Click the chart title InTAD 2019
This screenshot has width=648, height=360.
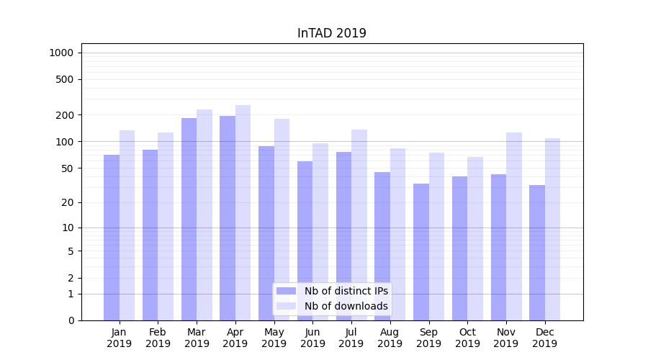(331, 33)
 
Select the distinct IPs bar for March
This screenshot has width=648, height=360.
(189, 219)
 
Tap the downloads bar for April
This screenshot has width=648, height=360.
(243, 212)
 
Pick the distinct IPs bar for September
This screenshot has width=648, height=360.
(421, 252)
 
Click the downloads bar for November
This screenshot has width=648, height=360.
(513, 226)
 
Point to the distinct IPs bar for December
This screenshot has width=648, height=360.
(537, 253)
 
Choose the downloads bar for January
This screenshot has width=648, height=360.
(127, 225)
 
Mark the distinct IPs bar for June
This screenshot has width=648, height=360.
(305, 240)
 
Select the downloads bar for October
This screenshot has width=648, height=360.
(475, 238)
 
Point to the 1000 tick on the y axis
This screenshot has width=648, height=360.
(61, 53)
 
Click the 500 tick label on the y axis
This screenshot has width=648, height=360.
(66, 79)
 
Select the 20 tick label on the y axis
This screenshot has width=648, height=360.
(68, 202)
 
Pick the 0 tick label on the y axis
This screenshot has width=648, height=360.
(71, 320)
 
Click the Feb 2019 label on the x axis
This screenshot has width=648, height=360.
(158, 338)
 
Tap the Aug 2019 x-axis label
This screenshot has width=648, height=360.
(390, 338)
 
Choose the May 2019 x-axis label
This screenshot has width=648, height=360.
(274, 338)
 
